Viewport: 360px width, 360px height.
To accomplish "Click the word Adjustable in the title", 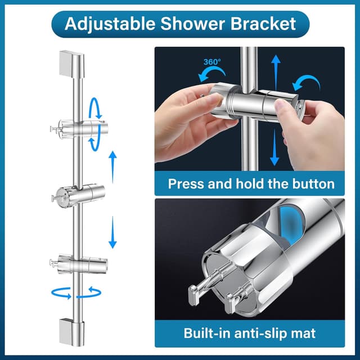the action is click(110, 24).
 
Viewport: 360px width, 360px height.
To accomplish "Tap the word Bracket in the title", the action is click(263, 24).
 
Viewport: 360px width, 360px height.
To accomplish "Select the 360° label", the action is click(212, 62).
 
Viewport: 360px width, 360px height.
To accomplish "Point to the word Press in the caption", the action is click(186, 184).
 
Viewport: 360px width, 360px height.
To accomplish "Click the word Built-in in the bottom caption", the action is click(207, 333).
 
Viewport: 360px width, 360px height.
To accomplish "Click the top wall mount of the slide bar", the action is click(72, 64).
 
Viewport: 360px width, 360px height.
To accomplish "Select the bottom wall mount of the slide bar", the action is click(71, 332).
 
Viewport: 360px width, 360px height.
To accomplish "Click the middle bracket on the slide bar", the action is click(78, 196).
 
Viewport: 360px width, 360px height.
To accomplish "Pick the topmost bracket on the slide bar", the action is click(79, 129).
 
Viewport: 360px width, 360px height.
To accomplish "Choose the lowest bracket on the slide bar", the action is click(79, 264).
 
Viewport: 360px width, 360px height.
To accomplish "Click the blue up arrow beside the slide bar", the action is click(112, 167).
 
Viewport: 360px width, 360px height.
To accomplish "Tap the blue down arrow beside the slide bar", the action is click(112, 232).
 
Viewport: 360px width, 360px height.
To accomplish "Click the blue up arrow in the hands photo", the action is click(276, 72).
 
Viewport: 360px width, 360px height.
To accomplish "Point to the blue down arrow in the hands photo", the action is click(274, 147).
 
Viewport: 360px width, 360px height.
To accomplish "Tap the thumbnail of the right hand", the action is click(282, 105).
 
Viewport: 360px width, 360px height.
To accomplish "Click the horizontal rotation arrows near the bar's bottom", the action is click(76, 293).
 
